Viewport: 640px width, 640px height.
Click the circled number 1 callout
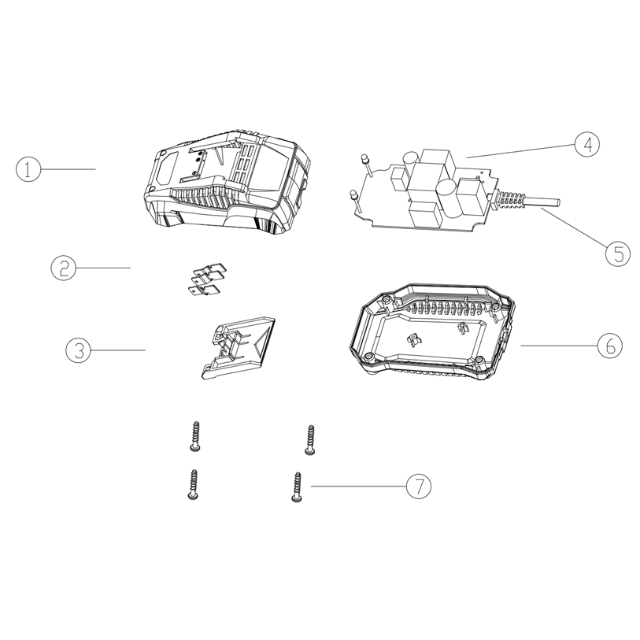pyautogui.click(x=28, y=169)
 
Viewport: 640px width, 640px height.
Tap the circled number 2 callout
pyautogui.click(x=63, y=268)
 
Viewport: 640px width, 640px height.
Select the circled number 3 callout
pyautogui.click(x=79, y=350)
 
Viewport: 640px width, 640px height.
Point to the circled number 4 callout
pyautogui.click(x=587, y=145)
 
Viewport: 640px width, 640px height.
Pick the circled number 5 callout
pyautogui.click(x=617, y=253)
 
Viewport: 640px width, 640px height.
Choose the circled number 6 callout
pyautogui.click(x=610, y=346)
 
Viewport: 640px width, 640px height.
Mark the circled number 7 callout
pyautogui.click(x=418, y=486)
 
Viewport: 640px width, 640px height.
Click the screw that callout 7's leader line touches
pyautogui.click(x=297, y=487)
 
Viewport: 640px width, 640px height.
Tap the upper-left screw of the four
pyautogui.click(x=195, y=436)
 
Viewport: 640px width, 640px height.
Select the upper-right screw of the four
pyautogui.click(x=310, y=439)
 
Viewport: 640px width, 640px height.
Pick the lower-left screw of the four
pyautogui.click(x=193, y=484)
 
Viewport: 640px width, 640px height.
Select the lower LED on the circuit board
pyautogui.click(x=355, y=201)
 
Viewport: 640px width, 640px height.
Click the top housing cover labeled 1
pyautogui.click(x=227, y=183)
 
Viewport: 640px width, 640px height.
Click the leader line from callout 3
pyautogui.click(x=118, y=350)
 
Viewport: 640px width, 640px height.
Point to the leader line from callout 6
pyautogui.click(x=559, y=346)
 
